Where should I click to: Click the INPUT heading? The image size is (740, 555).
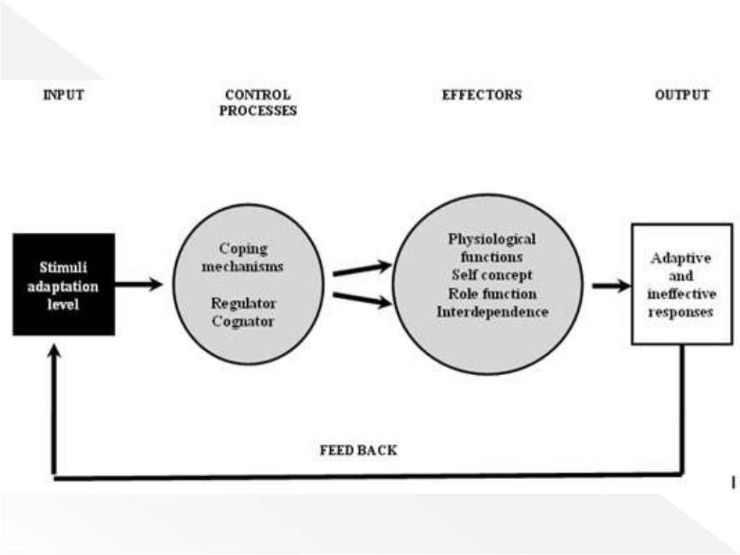(63, 95)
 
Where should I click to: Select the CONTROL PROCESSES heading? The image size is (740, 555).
(258, 103)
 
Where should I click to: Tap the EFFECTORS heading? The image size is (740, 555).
(481, 95)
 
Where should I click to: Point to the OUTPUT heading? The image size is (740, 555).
(681, 95)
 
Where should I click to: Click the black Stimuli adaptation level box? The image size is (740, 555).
(64, 285)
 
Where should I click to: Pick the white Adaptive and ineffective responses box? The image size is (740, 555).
(681, 284)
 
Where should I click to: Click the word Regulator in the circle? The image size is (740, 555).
(243, 304)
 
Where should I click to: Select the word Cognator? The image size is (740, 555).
(243, 322)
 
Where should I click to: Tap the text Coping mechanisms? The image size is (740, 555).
(243, 257)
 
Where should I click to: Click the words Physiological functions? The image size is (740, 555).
(491, 247)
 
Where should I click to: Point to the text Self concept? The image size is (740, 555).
(491, 275)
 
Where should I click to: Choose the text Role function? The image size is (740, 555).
(491, 294)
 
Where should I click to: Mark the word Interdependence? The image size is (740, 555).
(491, 312)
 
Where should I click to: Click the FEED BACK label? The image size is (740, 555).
(358, 450)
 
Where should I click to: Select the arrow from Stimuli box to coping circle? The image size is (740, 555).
(139, 285)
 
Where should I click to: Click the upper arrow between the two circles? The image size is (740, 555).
(361, 269)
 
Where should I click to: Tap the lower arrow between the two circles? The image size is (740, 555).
(361, 300)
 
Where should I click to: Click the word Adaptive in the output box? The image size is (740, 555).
(681, 258)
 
